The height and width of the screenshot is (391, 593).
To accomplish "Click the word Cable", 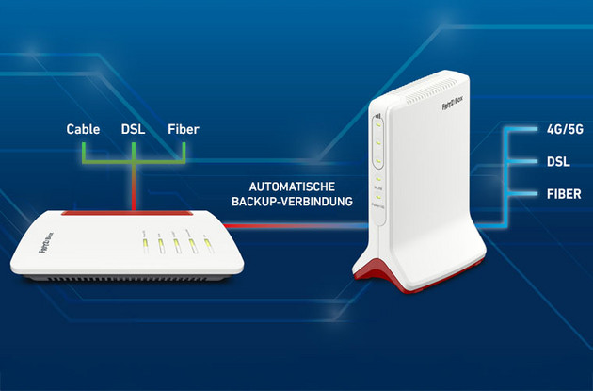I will [83, 128].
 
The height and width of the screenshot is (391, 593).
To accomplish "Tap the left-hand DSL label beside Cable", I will [133, 128].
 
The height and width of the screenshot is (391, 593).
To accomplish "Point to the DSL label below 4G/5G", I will [558, 161].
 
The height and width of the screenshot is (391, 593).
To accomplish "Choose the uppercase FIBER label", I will [564, 195].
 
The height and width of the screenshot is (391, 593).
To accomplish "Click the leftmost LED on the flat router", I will [144, 247].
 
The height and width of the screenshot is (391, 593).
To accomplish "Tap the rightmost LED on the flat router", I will [205, 246].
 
